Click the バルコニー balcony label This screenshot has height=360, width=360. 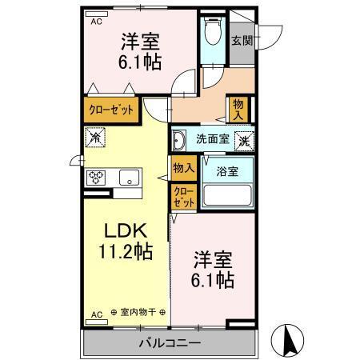pos(171,342)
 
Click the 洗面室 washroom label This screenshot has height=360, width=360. pos(211,138)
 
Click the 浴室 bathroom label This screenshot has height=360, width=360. pos(226,170)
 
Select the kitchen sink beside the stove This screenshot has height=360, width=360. pos(129,178)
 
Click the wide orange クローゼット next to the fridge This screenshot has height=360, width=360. pos(111,108)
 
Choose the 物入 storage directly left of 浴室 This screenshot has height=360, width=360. pos(182,167)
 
